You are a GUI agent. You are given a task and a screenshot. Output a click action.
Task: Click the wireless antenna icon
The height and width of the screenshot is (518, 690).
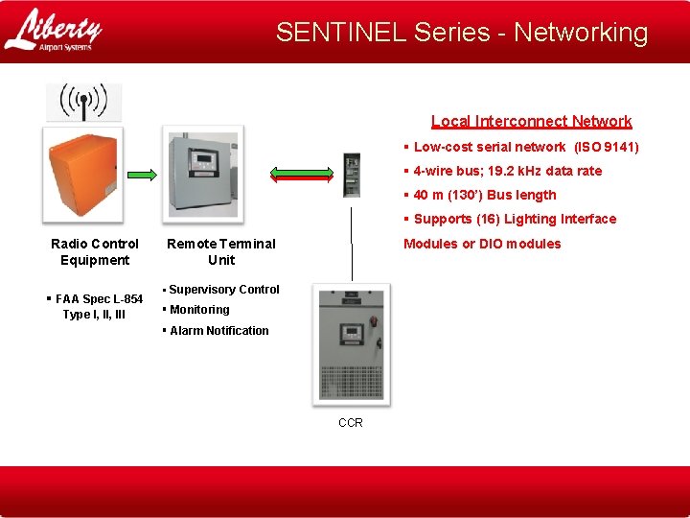[x=84, y=102]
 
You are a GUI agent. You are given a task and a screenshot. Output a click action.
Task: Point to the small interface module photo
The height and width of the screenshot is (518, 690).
[x=352, y=174]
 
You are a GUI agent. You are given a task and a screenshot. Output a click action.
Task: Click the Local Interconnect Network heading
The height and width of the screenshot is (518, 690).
[x=531, y=121]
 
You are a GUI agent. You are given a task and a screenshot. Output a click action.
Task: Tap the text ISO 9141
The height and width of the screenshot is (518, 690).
[x=606, y=147]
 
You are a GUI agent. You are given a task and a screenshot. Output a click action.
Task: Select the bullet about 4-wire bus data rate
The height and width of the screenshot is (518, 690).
[x=507, y=171]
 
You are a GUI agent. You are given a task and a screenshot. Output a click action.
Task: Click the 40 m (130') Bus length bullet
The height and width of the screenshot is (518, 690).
[x=484, y=195]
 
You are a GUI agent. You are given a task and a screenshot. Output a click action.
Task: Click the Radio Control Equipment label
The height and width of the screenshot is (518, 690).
[x=95, y=251]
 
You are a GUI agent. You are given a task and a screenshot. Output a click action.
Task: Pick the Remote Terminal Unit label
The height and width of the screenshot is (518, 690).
[x=220, y=251]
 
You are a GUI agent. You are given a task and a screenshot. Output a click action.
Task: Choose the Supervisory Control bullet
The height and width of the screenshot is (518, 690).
[x=223, y=289]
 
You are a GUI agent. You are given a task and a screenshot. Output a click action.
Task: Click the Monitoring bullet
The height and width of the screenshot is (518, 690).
[x=198, y=309]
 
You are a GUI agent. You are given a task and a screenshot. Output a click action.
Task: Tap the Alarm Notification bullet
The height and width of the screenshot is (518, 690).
[x=218, y=330]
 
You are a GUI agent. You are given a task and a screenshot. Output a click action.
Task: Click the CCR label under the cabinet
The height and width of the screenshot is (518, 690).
[x=351, y=422]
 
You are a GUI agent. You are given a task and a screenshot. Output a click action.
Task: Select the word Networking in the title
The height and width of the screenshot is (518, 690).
[x=581, y=32]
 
